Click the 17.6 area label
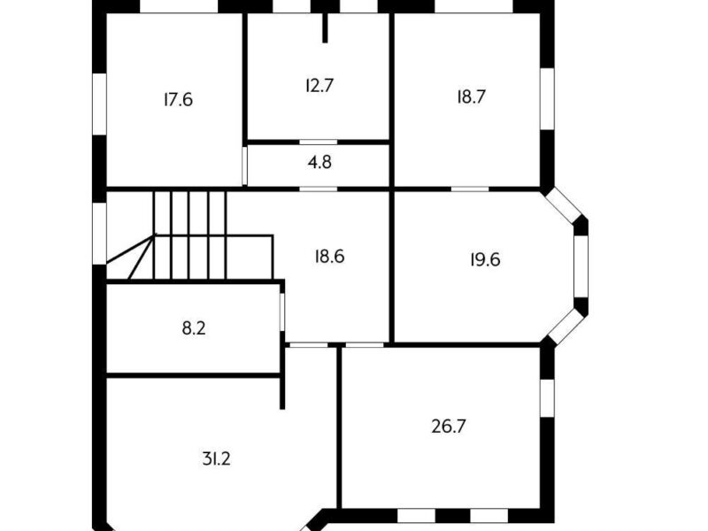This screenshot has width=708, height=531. pos(179,99)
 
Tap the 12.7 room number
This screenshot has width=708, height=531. pos(319,85)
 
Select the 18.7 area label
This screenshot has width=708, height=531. pos(471,96)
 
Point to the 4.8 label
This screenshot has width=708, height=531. pos(319,162)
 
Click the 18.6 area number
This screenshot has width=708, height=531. pos(329,257)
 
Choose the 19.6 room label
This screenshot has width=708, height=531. pos(485,259)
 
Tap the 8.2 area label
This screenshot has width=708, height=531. pos(194,328)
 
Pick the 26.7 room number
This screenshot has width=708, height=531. pos(449,427)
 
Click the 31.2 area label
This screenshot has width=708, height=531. pos(216,459)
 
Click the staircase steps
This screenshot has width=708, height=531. pos(189,235)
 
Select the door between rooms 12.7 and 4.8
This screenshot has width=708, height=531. pos(319,142)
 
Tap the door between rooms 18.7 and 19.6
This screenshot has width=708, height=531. pos(470,189)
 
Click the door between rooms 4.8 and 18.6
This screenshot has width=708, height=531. pos(319,189)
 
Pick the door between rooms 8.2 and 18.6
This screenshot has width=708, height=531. pos(282,312)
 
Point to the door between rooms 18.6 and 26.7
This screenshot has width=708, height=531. pos(365,345)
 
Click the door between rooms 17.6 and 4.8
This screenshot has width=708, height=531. pos(245,165)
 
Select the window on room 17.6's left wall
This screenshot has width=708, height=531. pos(99,104)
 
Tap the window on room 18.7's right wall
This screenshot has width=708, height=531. pos(547,99)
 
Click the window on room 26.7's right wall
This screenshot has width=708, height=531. pos(547,397)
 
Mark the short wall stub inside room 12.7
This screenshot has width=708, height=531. pos(325,28)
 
